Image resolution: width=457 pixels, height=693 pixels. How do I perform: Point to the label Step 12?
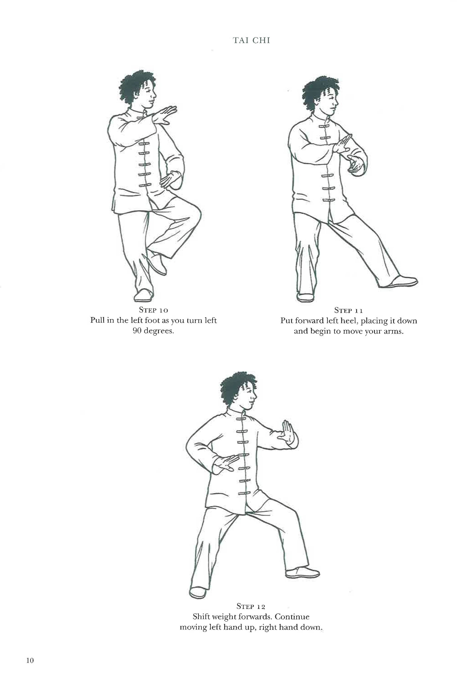coord(251,606)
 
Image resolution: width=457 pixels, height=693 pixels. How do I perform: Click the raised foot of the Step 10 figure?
coord(157,265)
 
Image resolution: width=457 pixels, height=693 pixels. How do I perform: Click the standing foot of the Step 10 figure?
coord(144,295)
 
